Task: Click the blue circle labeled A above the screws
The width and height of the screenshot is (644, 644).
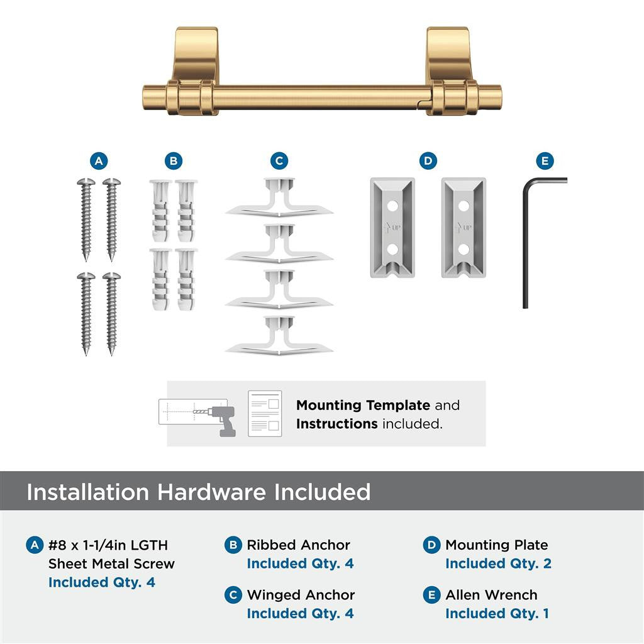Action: point(97,161)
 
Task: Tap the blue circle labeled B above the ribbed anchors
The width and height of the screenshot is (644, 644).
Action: point(173,161)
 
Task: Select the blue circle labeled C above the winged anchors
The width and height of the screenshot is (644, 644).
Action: point(279,161)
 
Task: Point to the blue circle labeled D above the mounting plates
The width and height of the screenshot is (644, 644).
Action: point(428,161)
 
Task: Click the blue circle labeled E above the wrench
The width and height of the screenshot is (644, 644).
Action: point(545,161)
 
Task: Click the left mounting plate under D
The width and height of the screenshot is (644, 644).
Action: point(391,227)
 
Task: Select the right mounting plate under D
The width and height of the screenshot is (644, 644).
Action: point(464,227)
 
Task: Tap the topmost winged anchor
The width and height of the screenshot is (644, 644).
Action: point(279,199)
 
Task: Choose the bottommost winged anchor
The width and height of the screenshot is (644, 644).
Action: point(279,336)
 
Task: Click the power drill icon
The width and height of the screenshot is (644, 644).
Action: point(223,420)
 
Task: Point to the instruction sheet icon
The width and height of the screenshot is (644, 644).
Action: point(264,413)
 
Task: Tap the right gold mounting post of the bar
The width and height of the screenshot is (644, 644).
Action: point(449,69)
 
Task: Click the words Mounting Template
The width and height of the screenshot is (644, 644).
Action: point(363,406)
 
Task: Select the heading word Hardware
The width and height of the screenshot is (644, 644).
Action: point(211,492)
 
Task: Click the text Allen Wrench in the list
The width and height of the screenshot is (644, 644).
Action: point(491,595)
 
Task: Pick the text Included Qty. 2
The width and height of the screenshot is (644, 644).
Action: point(498,563)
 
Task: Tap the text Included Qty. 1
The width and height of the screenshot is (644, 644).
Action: point(497,613)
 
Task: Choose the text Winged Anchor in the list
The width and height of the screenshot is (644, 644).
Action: point(301,595)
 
